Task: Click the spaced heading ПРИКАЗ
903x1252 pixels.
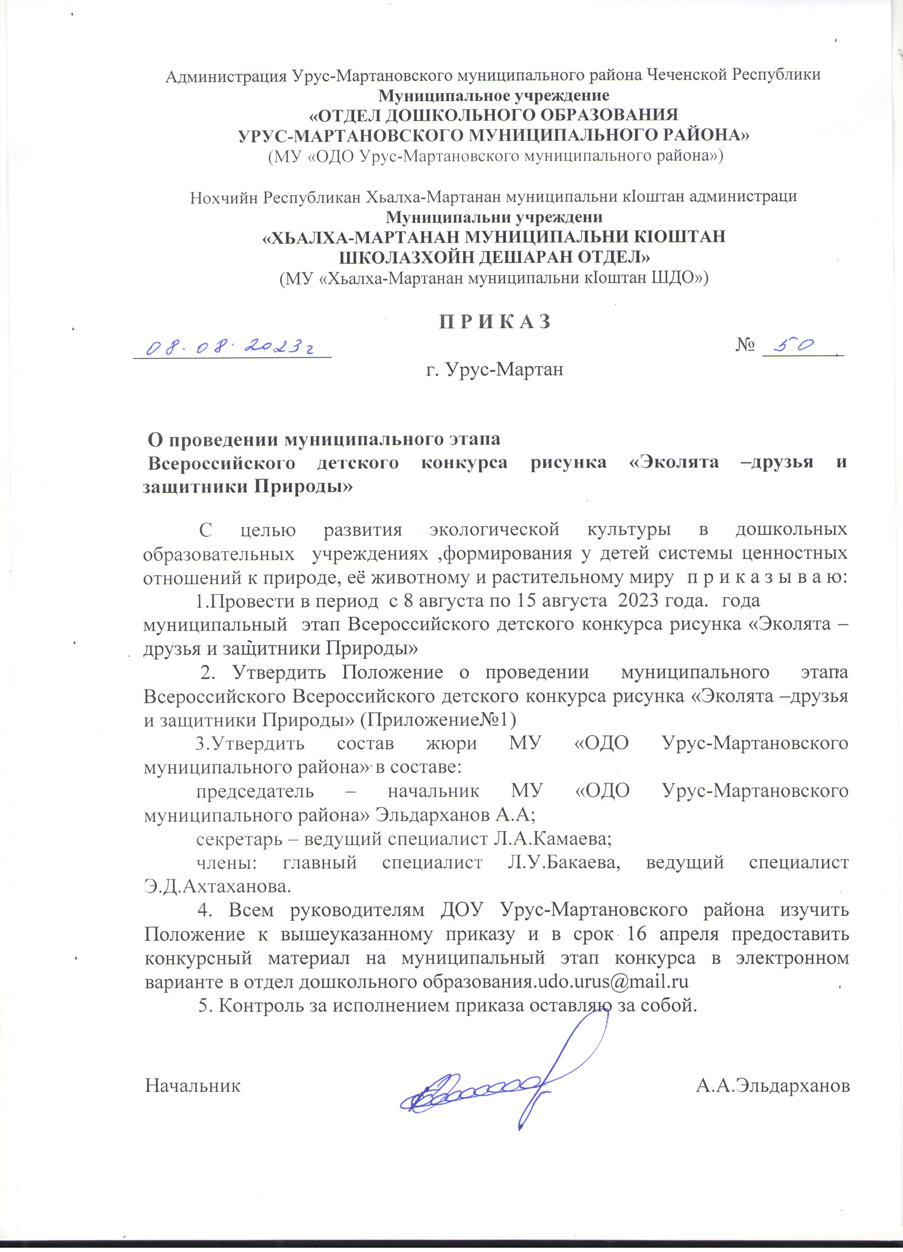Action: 495,322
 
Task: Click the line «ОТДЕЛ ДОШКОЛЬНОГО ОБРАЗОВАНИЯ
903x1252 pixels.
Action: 493,115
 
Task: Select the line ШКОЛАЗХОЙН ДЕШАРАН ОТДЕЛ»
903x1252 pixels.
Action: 494,257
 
